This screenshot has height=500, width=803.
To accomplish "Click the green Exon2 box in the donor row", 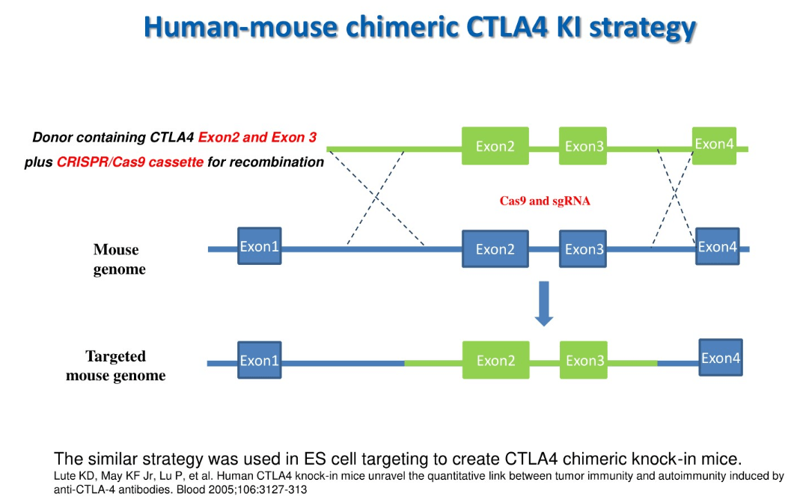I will point(495,146).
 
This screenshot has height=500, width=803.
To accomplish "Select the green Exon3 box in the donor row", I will point(584,146).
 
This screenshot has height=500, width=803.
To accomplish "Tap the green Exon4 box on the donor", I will point(714,144).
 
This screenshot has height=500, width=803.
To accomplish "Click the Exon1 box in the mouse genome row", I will point(259,246).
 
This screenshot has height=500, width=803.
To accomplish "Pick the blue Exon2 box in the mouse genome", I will point(495,249).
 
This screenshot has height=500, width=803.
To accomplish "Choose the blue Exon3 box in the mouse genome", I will point(584,249).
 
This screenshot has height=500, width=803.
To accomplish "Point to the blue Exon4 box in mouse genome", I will point(717,246).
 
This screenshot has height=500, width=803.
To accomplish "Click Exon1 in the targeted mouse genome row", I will point(259,360).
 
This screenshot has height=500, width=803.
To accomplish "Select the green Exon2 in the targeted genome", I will point(495,360).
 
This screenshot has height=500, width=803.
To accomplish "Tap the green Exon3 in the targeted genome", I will point(584,360).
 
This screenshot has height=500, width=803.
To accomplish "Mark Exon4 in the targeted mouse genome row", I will point(720,358).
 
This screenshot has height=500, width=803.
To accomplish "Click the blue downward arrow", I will point(544,303).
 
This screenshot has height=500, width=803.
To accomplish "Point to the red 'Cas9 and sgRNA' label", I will point(545,201).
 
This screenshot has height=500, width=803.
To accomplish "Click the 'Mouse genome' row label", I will point(117,259).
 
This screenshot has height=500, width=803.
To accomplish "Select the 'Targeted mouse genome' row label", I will point(115,366).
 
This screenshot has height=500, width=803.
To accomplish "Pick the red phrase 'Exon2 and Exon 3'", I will point(257,138).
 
